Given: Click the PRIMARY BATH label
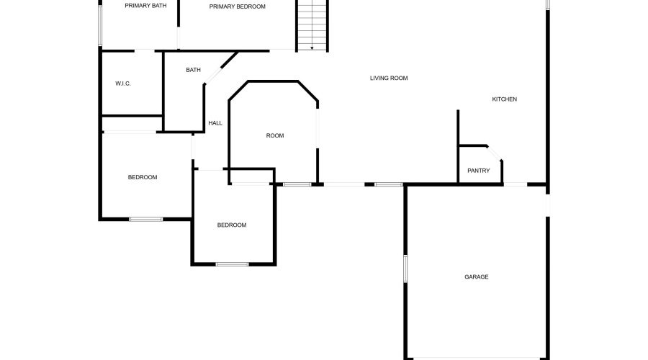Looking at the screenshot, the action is [x=145, y=6].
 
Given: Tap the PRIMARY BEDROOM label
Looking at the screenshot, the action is [x=237, y=6].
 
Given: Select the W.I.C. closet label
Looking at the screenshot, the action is [x=122, y=84].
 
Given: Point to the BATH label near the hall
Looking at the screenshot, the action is [x=193, y=70].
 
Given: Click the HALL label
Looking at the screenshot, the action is [x=215, y=123].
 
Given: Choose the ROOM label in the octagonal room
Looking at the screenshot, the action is [x=275, y=135].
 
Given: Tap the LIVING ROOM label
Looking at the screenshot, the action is [x=389, y=78].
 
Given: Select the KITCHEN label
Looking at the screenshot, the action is [x=504, y=99].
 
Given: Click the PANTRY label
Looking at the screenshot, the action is [x=479, y=171].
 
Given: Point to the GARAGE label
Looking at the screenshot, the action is [x=477, y=277].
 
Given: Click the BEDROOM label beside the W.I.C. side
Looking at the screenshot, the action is [x=143, y=177].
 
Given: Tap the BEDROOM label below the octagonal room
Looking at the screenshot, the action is [x=232, y=225].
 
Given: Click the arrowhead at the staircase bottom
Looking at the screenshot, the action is [x=312, y=48].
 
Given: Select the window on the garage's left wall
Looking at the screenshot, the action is [x=405, y=269].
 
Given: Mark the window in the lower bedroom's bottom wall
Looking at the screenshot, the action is [x=233, y=264].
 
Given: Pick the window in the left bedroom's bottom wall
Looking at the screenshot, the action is [x=146, y=219].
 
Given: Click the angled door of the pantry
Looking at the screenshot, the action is [x=494, y=153].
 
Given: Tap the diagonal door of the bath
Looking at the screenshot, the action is [x=214, y=76].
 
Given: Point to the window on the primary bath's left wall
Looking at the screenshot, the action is [x=100, y=24].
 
